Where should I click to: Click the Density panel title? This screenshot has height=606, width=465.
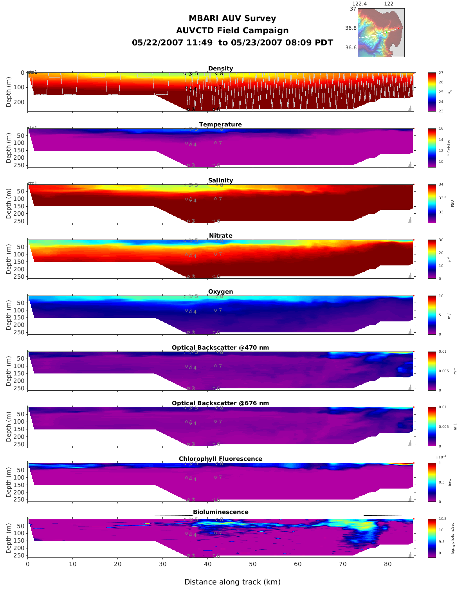(220, 69)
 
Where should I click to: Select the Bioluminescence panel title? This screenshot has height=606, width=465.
(220, 512)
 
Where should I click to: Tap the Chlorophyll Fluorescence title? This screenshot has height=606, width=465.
(220, 459)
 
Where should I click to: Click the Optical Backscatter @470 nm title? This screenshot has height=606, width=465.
(220, 348)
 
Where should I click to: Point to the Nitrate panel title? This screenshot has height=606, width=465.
(220, 236)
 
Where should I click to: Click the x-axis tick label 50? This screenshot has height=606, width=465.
(253, 564)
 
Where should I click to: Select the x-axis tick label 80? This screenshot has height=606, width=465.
(388, 564)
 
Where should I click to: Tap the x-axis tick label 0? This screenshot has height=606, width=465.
(27, 564)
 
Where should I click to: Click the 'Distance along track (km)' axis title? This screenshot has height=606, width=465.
(232, 582)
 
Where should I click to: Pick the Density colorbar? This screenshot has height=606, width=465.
(432, 92)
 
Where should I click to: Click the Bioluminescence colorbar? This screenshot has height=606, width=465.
(432, 538)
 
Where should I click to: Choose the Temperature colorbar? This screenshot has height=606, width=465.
(432, 148)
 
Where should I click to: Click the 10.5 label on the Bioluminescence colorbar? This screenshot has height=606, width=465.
(442, 519)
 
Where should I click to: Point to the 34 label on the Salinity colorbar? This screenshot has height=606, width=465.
(441, 184)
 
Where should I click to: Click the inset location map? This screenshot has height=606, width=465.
(381, 33)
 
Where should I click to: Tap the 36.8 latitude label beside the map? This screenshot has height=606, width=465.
(351, 28)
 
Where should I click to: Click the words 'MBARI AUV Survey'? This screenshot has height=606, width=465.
(232, 18)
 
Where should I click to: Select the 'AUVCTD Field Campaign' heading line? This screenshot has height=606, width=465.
(232, 31)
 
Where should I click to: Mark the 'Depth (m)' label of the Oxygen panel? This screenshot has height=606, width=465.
(9, 315)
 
